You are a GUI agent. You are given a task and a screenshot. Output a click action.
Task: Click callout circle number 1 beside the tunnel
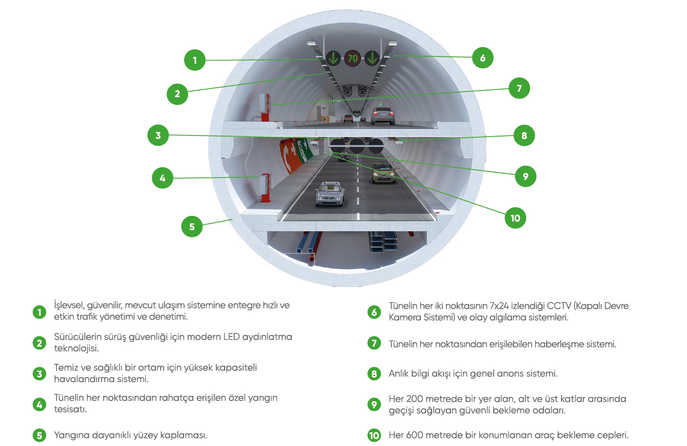(194, 60)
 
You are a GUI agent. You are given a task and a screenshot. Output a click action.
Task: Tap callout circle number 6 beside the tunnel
(482, 58)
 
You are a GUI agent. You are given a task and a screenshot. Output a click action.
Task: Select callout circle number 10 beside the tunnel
(515, 218)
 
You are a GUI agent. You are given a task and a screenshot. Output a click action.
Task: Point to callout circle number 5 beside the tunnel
(192, 226)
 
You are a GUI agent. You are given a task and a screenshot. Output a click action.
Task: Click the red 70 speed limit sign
(353, 58)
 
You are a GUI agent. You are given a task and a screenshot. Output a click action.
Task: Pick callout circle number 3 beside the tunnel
(158, 135)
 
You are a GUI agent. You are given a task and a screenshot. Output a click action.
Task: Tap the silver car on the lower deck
(330, 193)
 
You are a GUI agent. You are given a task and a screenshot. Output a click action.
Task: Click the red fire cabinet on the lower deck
(264, 187)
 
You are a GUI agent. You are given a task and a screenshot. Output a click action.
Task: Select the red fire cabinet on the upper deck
(265, 107)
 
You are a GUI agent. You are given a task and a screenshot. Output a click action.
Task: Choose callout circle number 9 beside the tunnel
(525, 177)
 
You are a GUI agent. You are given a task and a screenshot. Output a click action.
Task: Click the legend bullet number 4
(39, 404)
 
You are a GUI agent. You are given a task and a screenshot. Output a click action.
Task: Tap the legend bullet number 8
(374, 374)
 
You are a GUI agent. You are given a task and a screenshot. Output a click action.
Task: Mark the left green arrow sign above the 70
(334, 58)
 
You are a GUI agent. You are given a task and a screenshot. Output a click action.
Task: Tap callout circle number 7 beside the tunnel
(519, 88)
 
